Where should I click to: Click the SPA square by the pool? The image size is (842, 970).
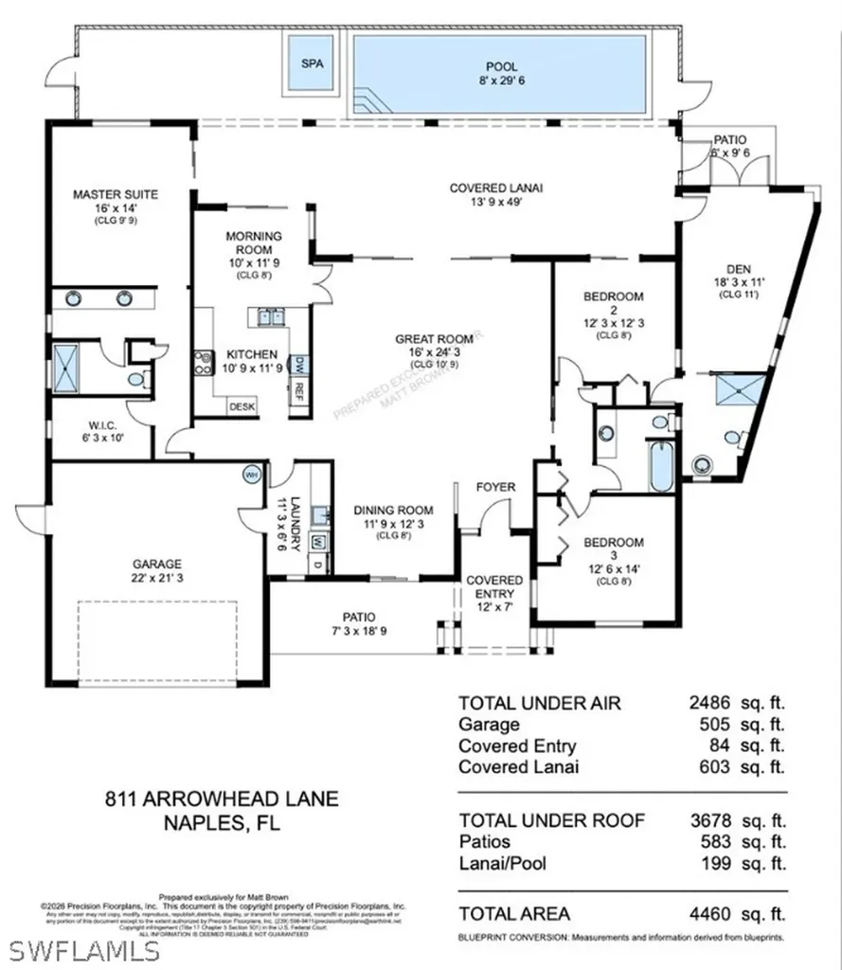[312, 64]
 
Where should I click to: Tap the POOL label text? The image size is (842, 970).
[501, 67]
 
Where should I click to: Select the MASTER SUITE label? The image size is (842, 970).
[116, 195]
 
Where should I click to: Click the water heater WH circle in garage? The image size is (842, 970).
[252, 475]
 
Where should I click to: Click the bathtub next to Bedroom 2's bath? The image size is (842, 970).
[661, 465]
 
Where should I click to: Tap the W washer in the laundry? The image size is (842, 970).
[318, 543]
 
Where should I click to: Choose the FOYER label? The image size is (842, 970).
[495, 487]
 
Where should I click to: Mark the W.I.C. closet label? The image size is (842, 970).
[100, 423]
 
